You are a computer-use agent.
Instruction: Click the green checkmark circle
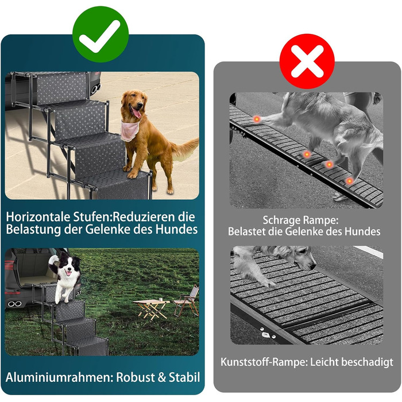[x=100, y=34]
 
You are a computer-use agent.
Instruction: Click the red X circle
[x=307, y=61]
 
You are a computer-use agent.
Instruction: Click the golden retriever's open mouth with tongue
[x=136, y=112]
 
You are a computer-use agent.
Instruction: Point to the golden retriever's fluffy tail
[x=185, y=148]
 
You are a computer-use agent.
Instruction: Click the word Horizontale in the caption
[x=38, y=217]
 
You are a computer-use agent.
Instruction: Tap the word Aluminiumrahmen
[x=59, y=377]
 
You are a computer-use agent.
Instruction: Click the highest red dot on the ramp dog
[x=257, y=119]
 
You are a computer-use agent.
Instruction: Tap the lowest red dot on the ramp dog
[x=349, y=181]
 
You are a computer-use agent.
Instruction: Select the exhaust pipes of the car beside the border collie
[x=14, y=304]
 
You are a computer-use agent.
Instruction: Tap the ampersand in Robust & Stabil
[x=161, y=377]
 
